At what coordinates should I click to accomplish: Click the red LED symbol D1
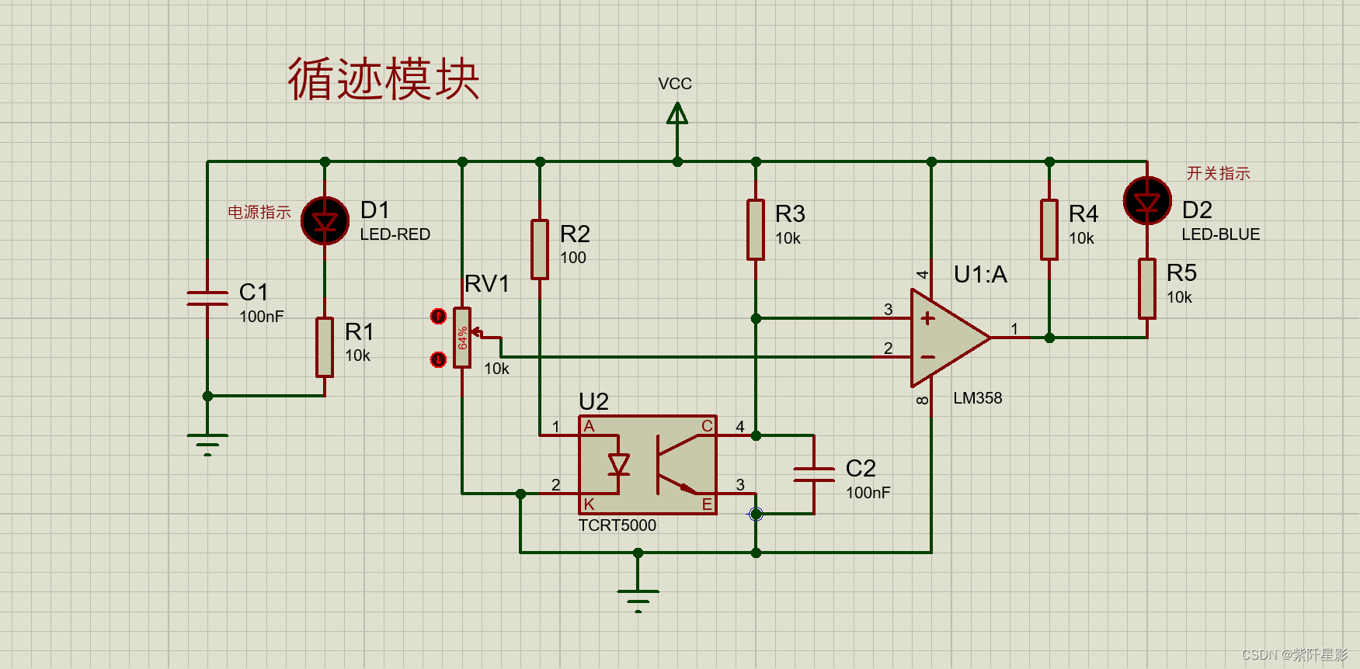click(325, 221)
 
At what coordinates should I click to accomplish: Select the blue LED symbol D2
click(1147, 201)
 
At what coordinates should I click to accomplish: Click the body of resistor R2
click(540, 249)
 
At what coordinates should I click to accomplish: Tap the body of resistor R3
click(756, 230)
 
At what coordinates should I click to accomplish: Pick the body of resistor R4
click(1049, 230)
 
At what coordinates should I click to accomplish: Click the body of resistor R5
click(1147, 289)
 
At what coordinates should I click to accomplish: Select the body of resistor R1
click(325, 347)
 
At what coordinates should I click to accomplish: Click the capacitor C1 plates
click(207, 298)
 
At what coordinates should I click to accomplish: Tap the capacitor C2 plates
click(814, 474)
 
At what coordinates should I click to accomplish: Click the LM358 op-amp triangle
click(944, 338)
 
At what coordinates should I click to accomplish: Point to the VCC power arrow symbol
click(677, 115)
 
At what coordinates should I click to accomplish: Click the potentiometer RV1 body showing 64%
click(462, 338)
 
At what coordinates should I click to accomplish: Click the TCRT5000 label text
click(617, 525)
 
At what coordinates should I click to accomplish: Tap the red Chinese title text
click(383, 79)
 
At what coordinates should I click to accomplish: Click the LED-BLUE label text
click(1220, 234)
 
